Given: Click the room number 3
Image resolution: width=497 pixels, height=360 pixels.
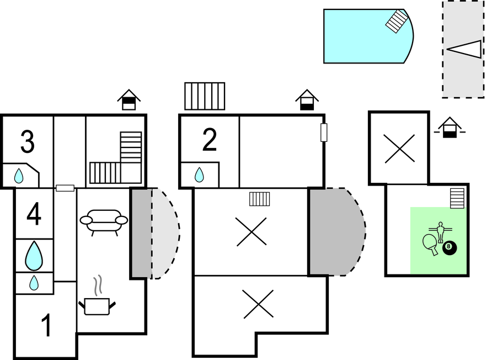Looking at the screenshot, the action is pos(28,142).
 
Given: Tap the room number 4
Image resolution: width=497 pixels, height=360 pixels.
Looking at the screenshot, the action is pos(34,214).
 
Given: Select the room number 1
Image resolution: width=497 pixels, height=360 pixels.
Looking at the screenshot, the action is pos(46,325).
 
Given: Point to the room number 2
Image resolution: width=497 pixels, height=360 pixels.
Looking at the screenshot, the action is pos(210,140).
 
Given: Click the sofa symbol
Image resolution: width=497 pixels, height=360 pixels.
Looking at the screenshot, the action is pos(104,223).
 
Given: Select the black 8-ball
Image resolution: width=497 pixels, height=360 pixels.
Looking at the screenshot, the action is pos(450,248).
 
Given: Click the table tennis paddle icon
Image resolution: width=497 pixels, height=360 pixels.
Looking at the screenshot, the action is pos(430,244).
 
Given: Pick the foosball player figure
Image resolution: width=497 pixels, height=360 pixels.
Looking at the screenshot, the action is pos(440,232).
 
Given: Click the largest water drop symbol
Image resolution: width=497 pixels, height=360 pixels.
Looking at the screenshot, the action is pos(34,256).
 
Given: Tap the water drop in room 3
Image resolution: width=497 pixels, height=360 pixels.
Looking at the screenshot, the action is pos(19,176).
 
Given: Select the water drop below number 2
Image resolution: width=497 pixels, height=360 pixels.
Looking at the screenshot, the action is pos(199,175).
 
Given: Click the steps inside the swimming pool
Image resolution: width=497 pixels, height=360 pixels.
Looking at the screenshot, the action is pos(397,21).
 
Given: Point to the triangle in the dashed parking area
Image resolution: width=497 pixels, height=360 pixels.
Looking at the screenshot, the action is pos(464,49).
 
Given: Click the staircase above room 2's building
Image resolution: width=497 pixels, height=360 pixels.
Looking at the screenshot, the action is pos(205,97).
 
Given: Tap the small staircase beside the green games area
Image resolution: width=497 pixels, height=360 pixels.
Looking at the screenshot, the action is pos(457,198).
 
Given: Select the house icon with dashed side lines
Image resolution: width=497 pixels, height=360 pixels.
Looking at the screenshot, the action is pos(450,128).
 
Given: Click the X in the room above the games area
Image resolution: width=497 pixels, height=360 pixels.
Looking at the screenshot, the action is pos(399,149).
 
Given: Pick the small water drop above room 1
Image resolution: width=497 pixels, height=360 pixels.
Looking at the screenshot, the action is pos(34,283).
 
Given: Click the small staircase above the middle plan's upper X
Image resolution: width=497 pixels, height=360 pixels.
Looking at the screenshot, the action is pos(260,199).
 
